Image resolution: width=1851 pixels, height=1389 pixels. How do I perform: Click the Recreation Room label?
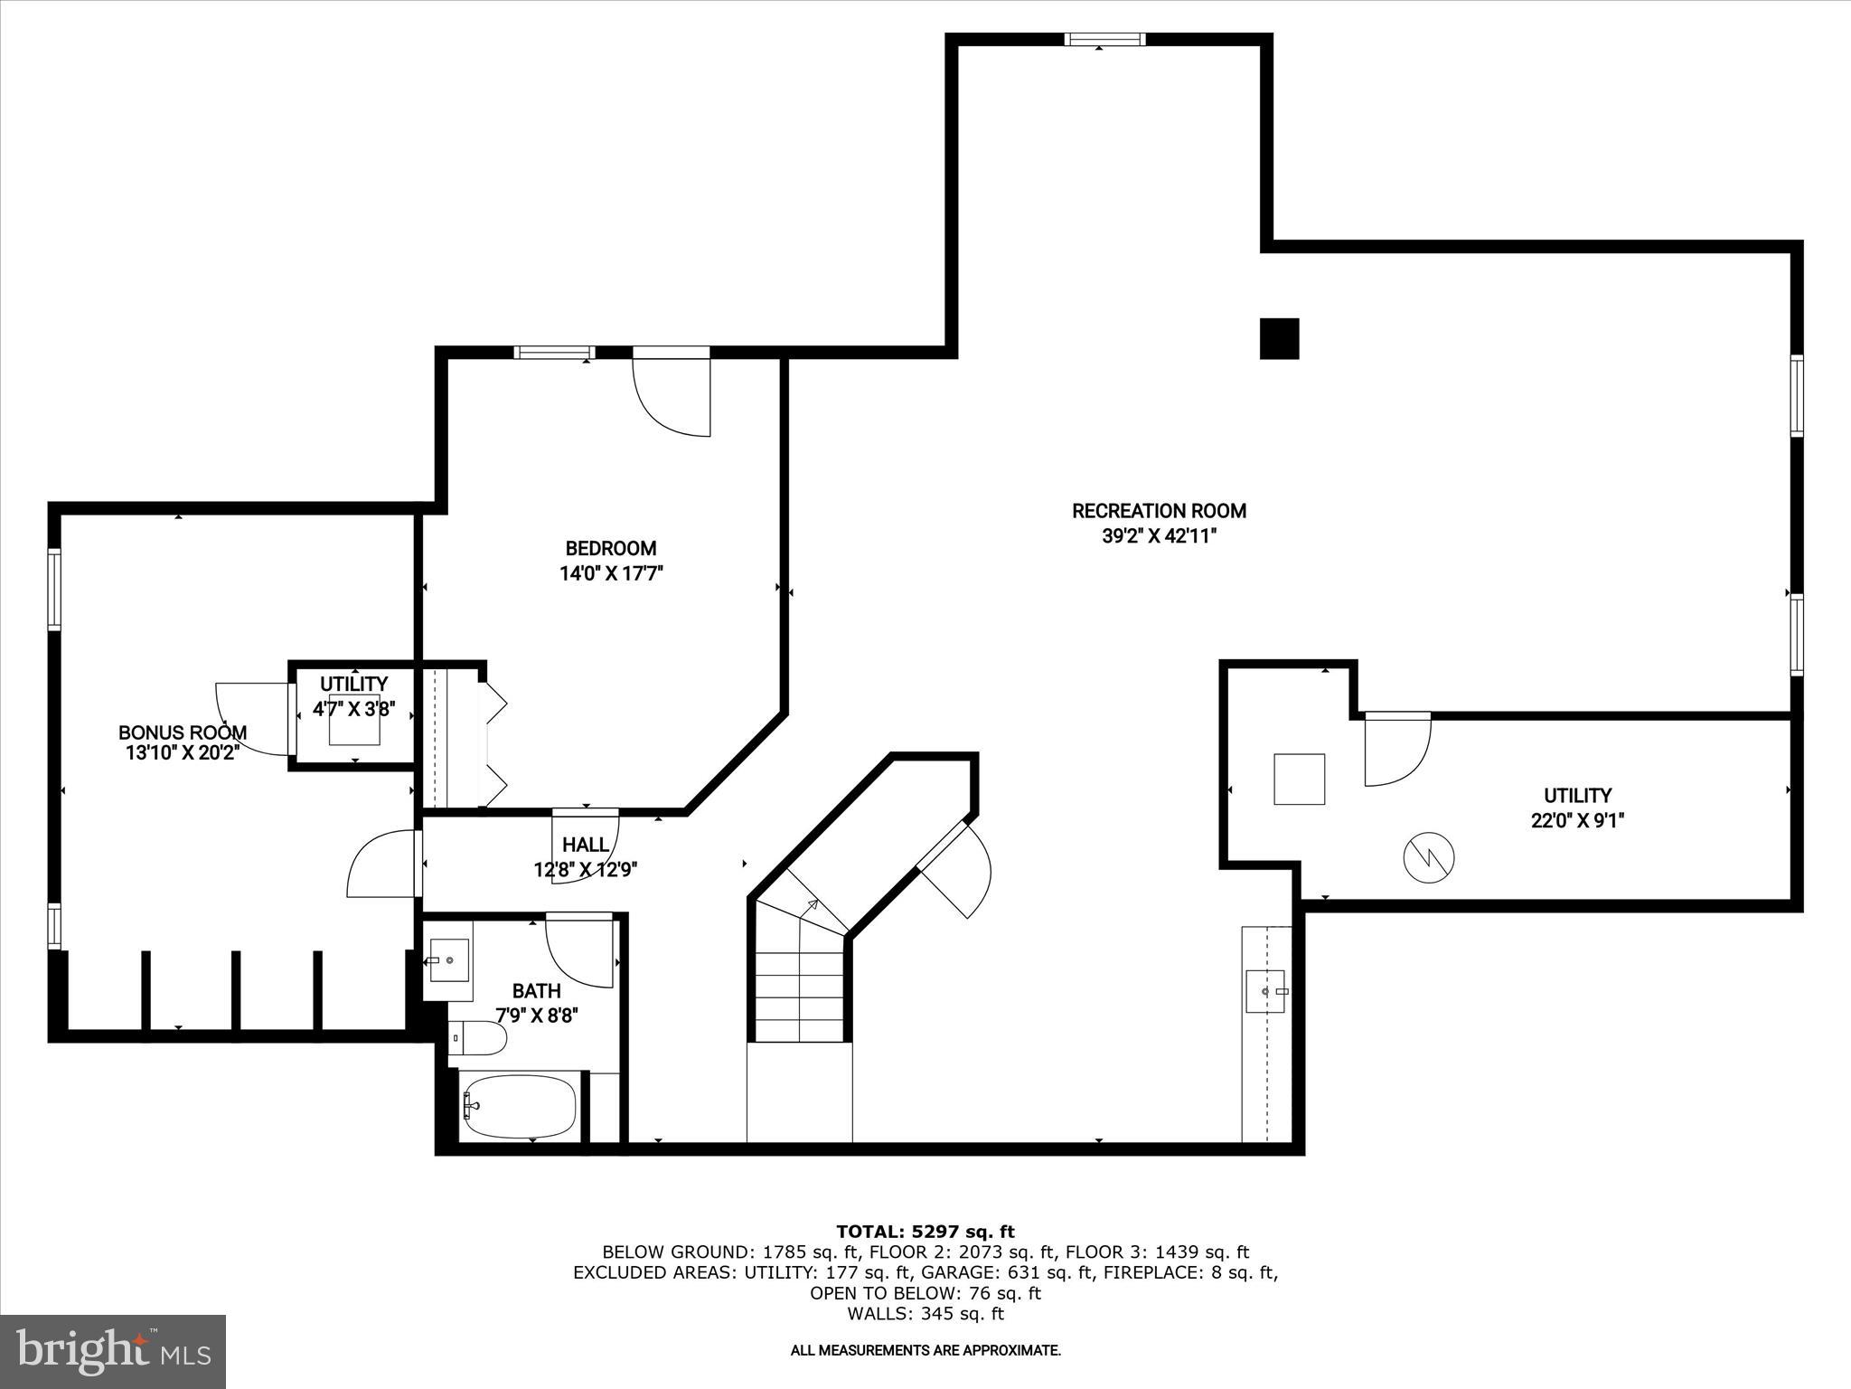1159,511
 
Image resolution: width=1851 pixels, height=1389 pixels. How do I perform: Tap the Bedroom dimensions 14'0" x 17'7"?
612,573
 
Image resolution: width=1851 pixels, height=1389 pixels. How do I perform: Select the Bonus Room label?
183,732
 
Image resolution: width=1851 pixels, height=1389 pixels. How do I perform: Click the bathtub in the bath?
518,1106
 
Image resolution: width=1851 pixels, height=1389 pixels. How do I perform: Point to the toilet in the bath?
479,1038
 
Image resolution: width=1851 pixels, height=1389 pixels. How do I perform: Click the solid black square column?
1279,339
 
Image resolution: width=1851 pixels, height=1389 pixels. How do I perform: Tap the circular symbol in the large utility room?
1429,857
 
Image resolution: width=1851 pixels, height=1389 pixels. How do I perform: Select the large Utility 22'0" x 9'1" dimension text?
1577,821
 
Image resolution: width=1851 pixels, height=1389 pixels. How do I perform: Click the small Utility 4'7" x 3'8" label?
353,685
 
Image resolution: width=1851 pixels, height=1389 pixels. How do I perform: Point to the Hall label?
586,845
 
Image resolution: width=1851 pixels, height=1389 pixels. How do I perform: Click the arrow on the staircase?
811,903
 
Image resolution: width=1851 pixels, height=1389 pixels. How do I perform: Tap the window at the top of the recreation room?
1104,39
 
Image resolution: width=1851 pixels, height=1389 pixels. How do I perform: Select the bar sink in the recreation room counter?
1266,991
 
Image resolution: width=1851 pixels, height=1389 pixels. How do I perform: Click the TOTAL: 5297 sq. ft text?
925,1232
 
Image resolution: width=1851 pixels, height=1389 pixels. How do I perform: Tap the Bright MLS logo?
113,1351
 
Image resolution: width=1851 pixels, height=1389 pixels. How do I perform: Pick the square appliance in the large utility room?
1299,779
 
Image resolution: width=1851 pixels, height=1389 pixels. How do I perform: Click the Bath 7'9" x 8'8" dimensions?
536,1016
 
